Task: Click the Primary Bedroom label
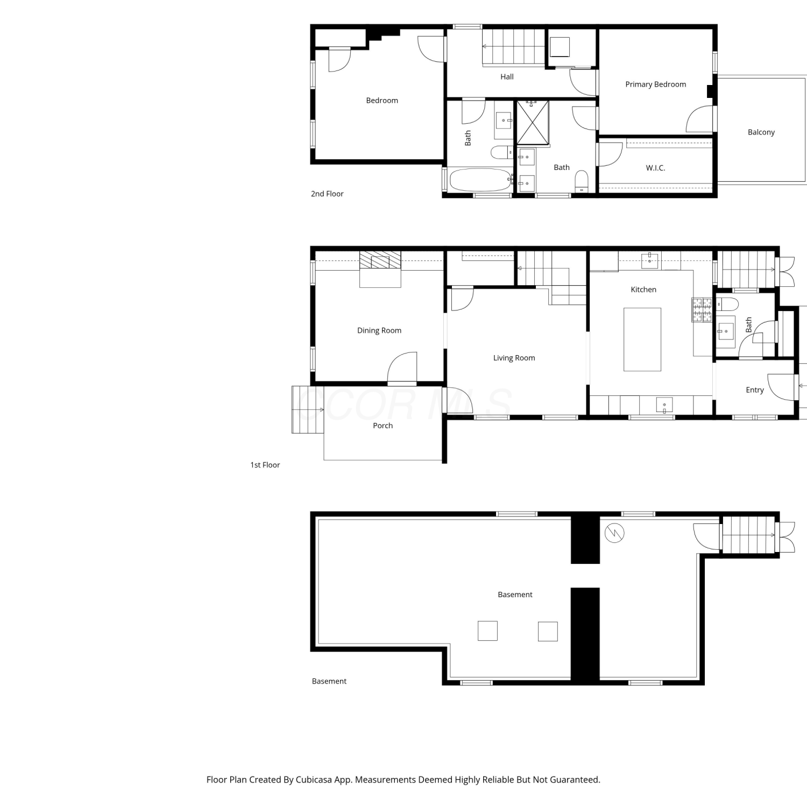click(655, 84)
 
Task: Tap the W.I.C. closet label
click(655, 168)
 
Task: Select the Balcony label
click(761, 132)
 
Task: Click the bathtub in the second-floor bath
click(480, 180)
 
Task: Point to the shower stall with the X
click(533, 123)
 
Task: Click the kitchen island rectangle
click(642, 339)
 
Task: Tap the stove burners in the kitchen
click(702, 310)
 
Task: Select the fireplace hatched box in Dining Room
click(380, 260)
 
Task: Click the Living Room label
click(514, 358)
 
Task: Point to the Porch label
click(383, 426)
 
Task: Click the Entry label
click(755, 390)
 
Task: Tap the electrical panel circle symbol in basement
click(614, 533)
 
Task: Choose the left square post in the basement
click(487, 631)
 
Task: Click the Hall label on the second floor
click(507, 77)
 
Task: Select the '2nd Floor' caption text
click(327, 194)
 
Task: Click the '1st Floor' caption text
click(265, 465)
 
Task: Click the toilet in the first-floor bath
click(727, 305)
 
